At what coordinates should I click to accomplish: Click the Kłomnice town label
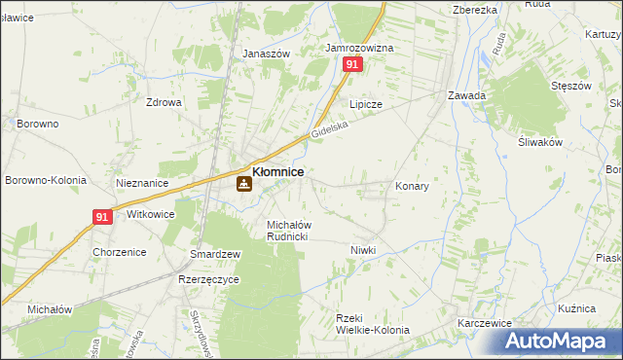[277, 171]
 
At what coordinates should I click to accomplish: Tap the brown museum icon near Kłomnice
[243, 182]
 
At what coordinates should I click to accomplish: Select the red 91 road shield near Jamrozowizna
[352, 64]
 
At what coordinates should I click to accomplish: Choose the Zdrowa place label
[164, 102]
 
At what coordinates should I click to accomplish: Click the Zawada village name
[466, 95]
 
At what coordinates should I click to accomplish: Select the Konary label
[412, 185]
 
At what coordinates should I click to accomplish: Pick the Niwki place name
[363, 250]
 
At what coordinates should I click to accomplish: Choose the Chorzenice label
[119, 252]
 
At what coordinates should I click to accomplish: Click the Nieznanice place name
[142, 183]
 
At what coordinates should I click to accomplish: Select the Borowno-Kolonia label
[46, 180]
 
